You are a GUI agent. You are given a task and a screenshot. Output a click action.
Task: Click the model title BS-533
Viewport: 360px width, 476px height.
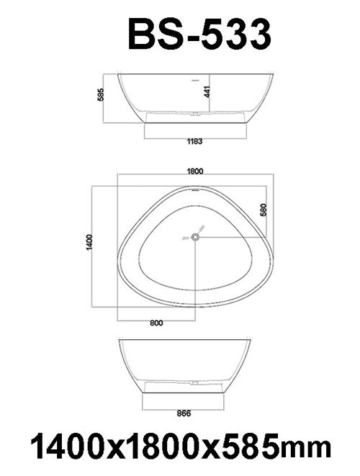pyautogui.click(x=199, y=34)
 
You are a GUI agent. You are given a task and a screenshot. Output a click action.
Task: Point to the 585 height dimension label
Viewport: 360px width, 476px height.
pyautogui.click(x=102, y=94)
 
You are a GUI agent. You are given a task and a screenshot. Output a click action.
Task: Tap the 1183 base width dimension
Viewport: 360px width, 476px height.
pyautogui.click(x=193, y=142)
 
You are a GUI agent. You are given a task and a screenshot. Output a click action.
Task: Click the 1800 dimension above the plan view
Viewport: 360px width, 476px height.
pyautogui.click(x=194, y=171)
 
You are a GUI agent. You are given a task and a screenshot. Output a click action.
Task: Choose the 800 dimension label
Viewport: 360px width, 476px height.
pyautogui.click(x=156, y=323)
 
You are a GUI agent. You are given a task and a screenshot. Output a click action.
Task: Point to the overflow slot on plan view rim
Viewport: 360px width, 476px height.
pyautogui.click(x=194, y=191)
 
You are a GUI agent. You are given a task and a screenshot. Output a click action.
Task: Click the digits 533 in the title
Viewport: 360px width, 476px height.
pyautogui.click(x=235, y=34)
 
